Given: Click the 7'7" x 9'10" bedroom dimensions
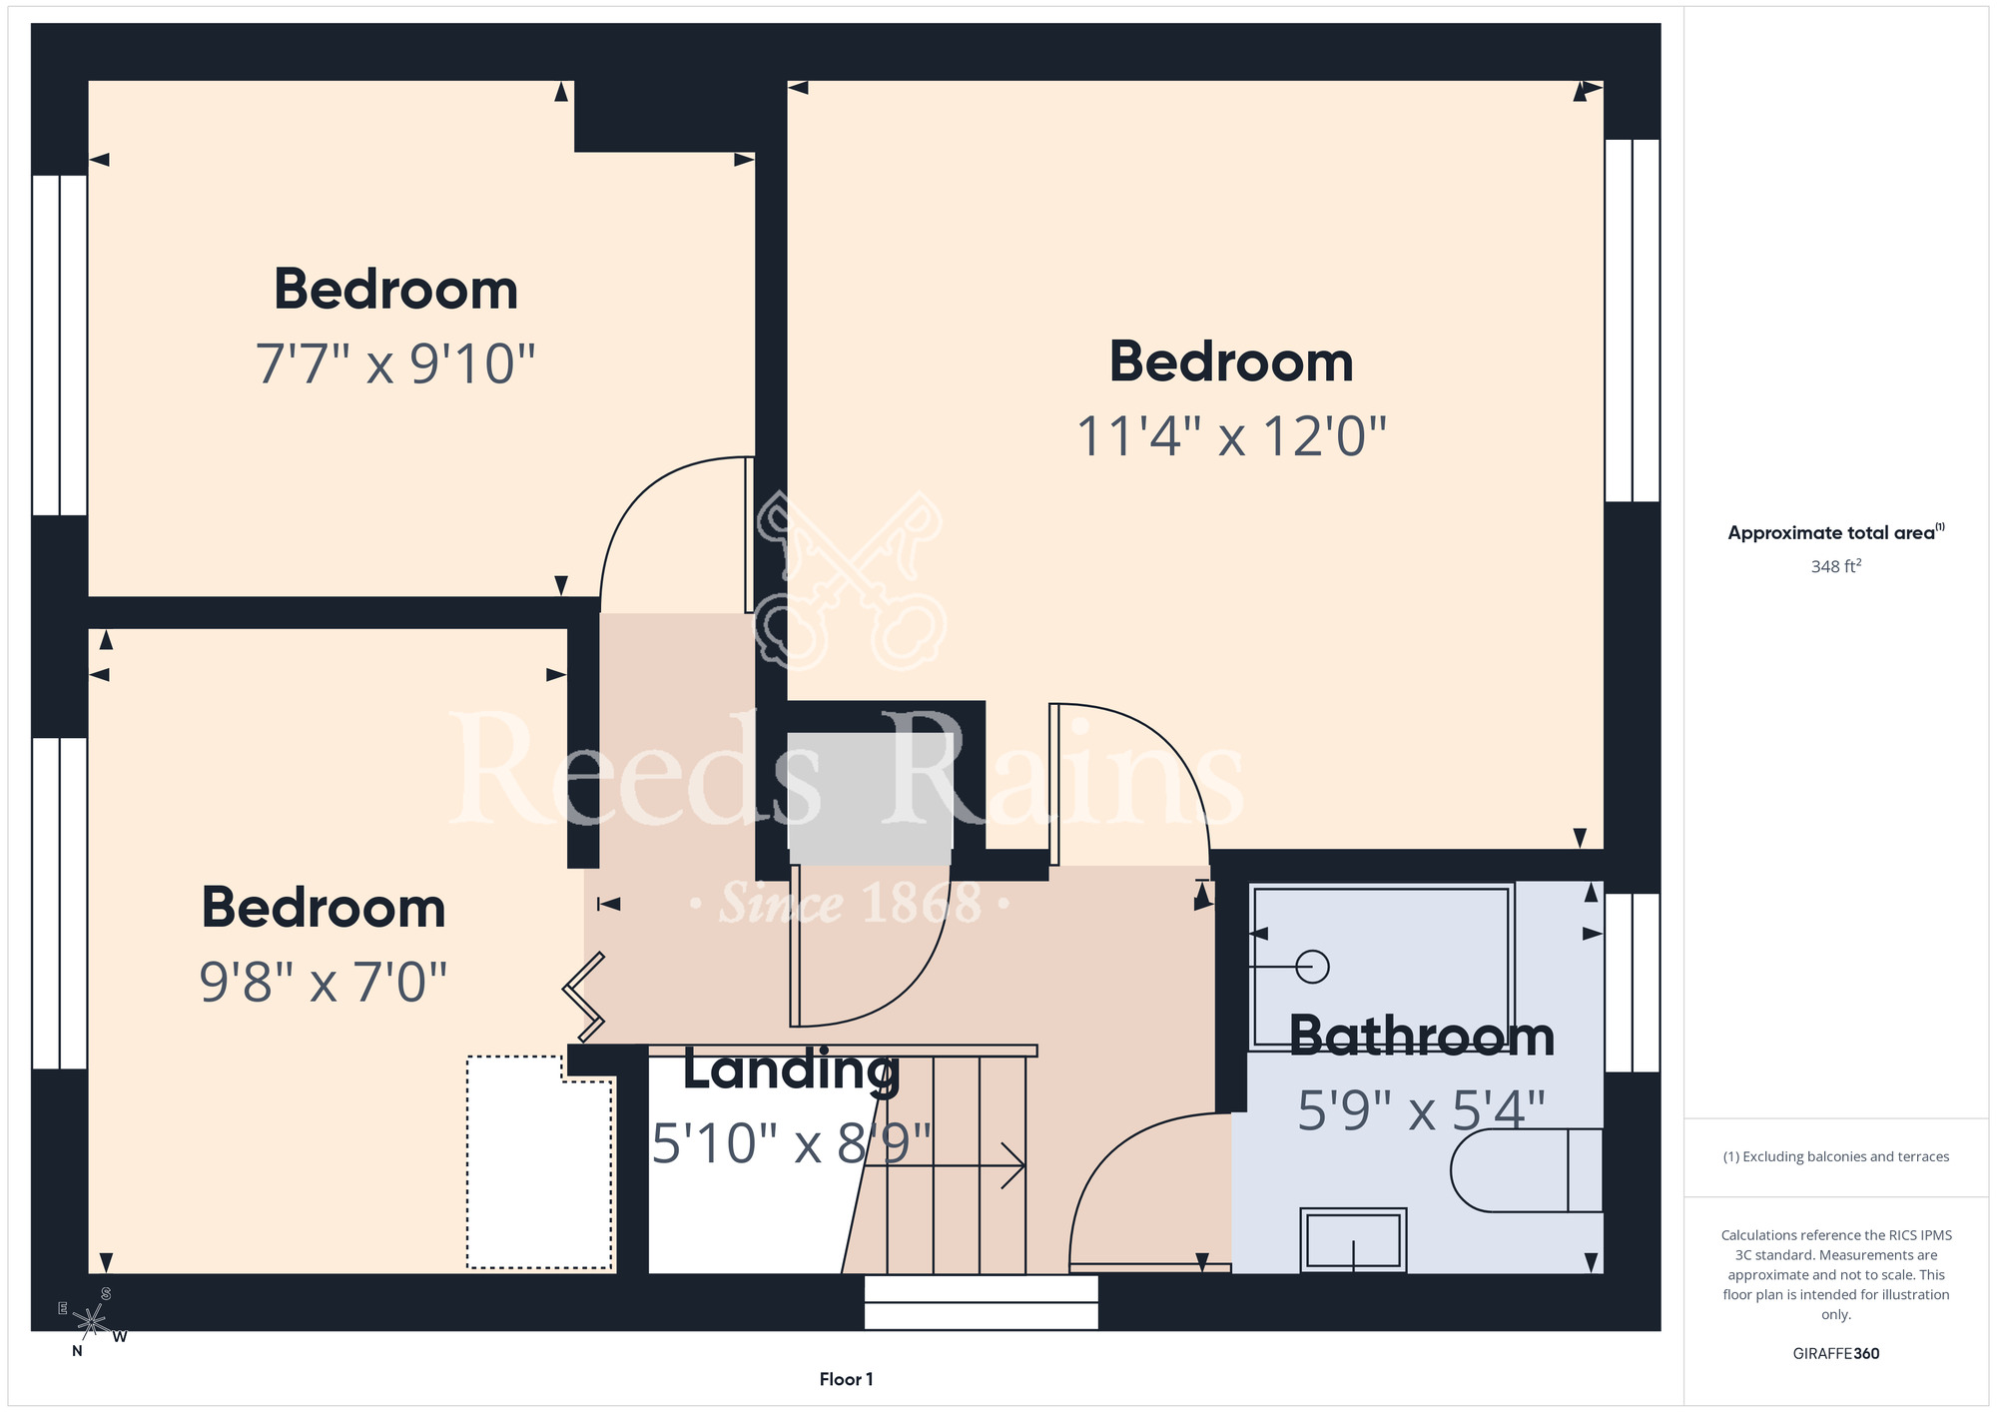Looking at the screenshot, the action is (x=395, y=363).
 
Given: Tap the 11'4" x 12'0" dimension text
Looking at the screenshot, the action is (x=1231, y=436).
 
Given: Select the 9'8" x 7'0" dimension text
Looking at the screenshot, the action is (x=323, y=982).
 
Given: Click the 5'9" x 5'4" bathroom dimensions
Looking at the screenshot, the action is (x=1421, y=1110).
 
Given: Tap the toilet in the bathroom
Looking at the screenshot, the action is (x=1526, y=1170).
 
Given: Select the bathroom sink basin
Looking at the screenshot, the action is (x=1353, y=1240).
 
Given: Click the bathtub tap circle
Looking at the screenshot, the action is (x=1312, y=967).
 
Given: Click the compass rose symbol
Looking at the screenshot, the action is (x=91, y=1322).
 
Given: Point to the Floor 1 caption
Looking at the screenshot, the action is (x=846, y=1379).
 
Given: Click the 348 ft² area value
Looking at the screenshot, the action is (x=1835, y=566).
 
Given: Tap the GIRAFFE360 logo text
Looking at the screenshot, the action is (x=1835, y=1354).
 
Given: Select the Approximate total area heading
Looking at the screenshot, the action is (x=1835, y=532).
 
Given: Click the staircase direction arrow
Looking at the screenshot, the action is (x=945, y=1165).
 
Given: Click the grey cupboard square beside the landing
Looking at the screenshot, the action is (x=870, y=799).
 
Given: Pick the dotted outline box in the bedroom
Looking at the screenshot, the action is (x=539, y=1162).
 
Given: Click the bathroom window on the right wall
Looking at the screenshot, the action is (x=1633, y=983).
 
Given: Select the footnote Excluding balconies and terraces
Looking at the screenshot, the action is (x=1835, y=1156).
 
